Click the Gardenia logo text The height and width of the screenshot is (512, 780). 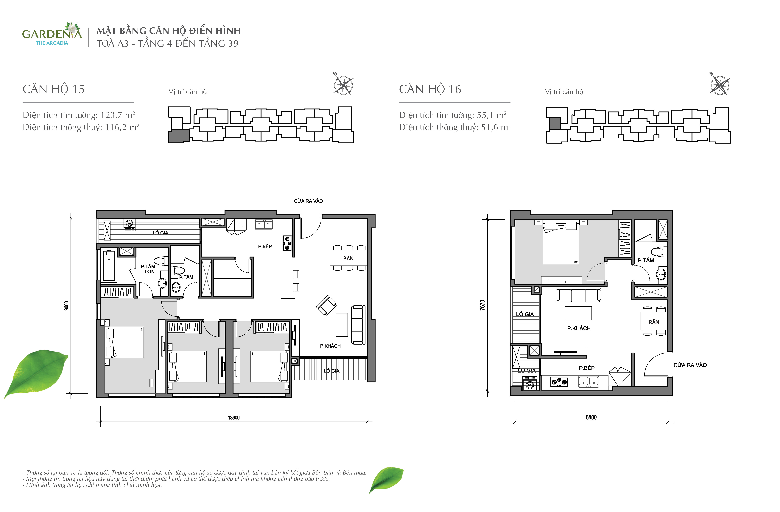coord(52,34)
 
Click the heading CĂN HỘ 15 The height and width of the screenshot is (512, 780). coord(53,89)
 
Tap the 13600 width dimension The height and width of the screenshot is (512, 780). coord(234,418)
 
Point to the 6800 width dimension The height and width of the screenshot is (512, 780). coord(591,417)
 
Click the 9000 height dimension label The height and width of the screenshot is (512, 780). coord(66,306)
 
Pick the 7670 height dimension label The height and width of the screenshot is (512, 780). coord(482,305)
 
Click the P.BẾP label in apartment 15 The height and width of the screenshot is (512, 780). coord(265,246)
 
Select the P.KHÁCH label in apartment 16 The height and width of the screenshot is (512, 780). coord(579,328)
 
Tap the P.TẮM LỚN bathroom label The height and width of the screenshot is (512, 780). coord(148,269)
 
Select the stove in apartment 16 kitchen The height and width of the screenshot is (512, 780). coord(559,382)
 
